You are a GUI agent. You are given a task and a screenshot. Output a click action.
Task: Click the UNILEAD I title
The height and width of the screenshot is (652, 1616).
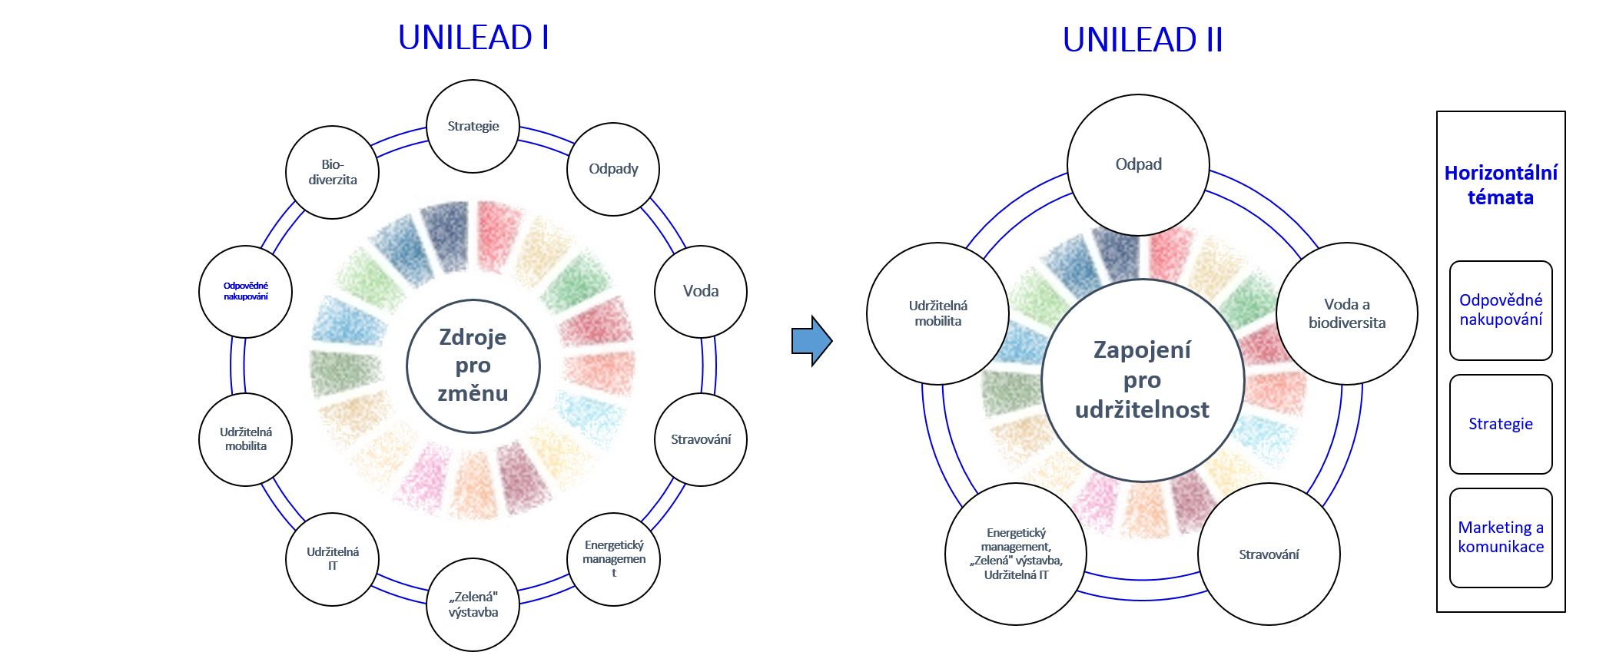tap(473, 37)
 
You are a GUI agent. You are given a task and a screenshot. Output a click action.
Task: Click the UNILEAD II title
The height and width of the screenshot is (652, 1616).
tap(1143, 39)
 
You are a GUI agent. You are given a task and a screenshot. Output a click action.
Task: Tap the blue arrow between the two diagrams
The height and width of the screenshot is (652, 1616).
tap(811, 340)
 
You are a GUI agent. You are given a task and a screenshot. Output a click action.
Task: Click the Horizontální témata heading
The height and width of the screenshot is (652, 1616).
tap(1501, 185)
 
